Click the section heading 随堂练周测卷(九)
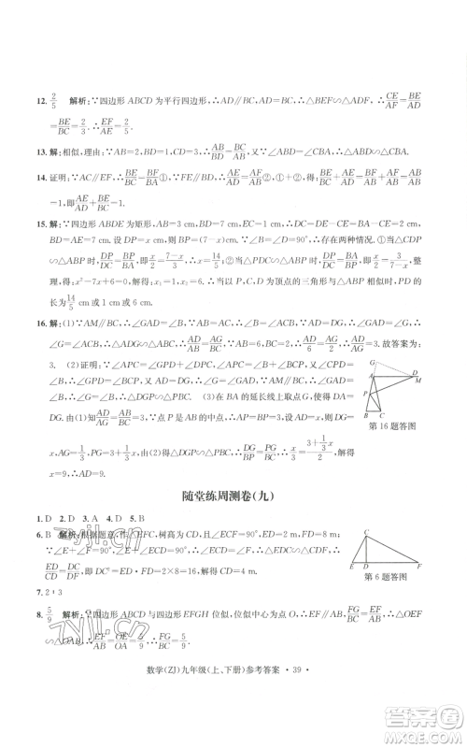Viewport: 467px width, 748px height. coord(233,495)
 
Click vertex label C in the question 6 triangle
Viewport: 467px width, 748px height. coord(366,532)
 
